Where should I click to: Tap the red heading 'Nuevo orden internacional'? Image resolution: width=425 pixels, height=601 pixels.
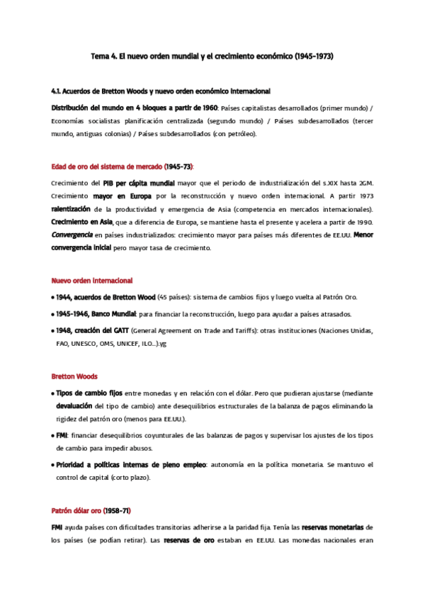point(92,281)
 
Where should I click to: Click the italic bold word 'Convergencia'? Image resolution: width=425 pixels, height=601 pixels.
point(72,235)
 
